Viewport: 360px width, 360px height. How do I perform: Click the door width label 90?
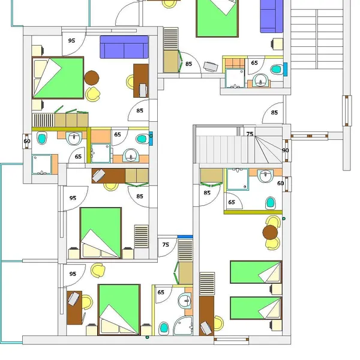click(286, 151)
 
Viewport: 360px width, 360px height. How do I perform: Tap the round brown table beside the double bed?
click(92, 78)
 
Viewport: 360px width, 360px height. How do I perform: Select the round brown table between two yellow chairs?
click(270, 232)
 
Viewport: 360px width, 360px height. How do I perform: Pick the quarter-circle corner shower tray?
click(183, 326)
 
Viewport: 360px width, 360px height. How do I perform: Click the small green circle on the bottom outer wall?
click(148, 337)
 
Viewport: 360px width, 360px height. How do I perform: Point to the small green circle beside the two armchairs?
click(284, 218)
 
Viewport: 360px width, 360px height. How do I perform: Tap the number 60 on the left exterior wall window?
click(27, 141)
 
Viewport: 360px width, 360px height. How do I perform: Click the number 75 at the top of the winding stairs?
click(250, 134)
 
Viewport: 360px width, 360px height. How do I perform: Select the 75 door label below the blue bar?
click(166, 245)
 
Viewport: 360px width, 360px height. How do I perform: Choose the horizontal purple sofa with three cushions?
click(124, 47)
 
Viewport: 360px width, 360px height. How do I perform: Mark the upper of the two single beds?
click(256, 272)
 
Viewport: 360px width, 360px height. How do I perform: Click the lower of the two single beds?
click(256, 308)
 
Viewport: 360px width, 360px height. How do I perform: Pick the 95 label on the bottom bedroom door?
click(73, 274)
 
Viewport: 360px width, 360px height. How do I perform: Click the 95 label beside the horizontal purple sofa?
click(71, 41)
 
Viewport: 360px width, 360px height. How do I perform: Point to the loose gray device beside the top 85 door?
click(211, 67)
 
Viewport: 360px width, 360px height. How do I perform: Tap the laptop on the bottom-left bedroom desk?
click(74, 299)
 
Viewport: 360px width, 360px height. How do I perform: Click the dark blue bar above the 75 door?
click(185, 237)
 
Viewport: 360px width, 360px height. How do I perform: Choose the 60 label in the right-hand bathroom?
click(281, 183)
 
